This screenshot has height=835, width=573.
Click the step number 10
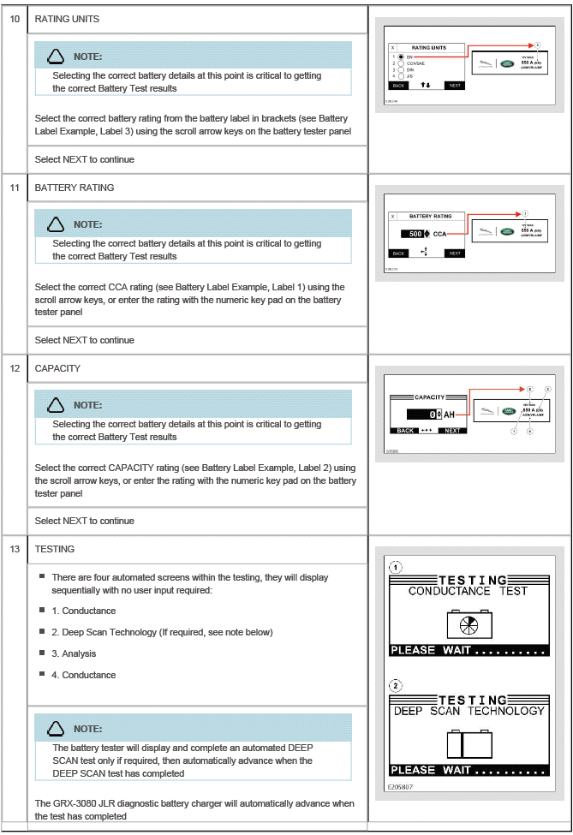[x=15, y=20]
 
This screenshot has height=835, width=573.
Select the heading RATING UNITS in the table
[x=67, y=20]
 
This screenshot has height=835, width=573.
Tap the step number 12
[x=15, y=368]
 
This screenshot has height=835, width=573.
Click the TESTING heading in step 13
[x=54, y=549]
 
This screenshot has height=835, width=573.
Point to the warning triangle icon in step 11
[x=57, y=224]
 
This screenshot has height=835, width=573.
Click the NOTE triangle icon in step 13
[x=57, y=729]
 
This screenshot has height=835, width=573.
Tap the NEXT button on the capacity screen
[x=452, y=430]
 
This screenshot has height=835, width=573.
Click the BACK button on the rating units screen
[x=398, y=86]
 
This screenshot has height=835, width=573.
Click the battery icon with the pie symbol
[x=469, y=624]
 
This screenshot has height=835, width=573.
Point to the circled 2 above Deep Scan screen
[x=396, y=686]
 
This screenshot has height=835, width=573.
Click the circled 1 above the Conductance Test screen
[x=396, y=567]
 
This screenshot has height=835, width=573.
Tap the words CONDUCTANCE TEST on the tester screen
[x=468, y=591]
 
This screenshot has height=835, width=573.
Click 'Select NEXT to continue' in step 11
[x=85, y=340]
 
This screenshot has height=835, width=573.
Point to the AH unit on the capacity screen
[x=449, y=414]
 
